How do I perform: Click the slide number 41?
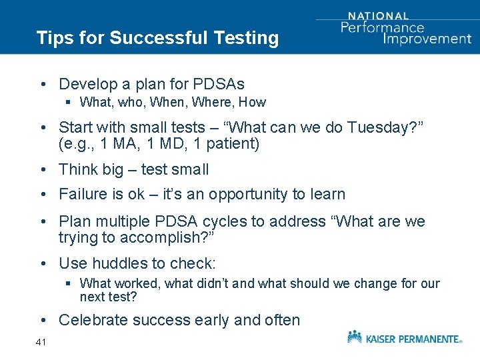tap(41, 342)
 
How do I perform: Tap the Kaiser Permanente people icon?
tap(355, 337)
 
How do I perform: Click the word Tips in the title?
tap(53, 37)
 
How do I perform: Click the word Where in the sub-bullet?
tap(215, 102)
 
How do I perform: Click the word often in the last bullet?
tap(281, 320)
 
